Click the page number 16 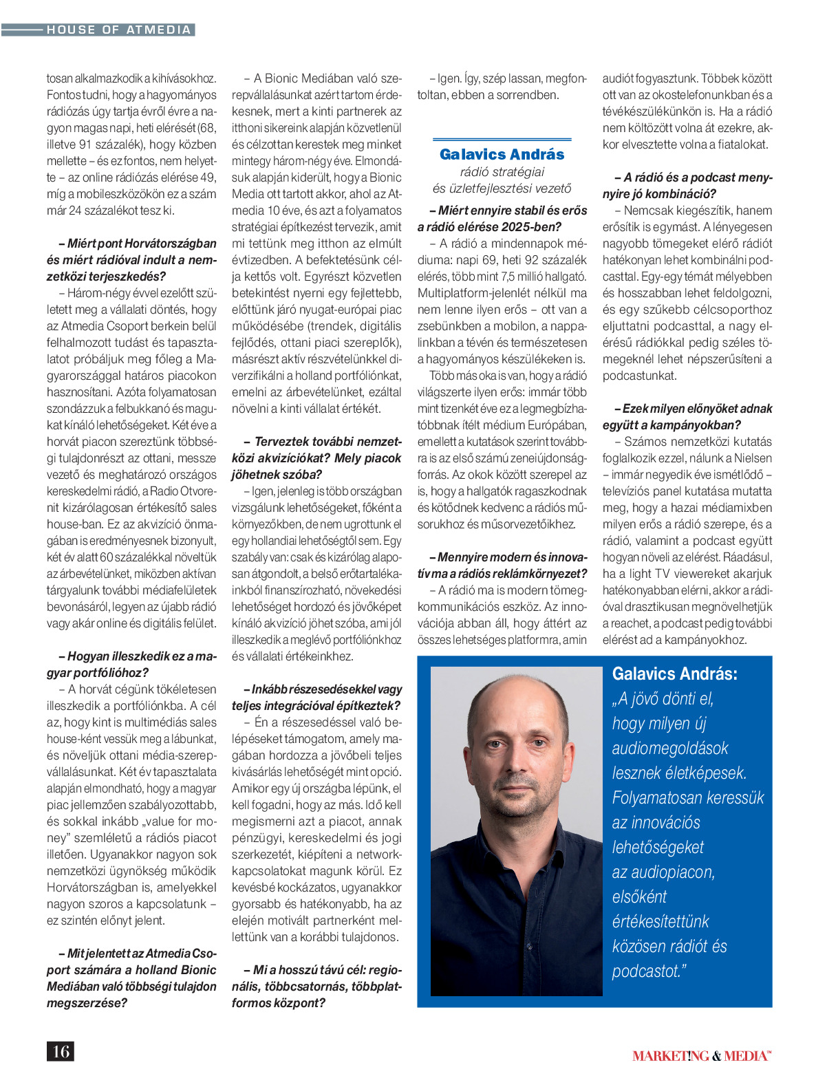pos(61,1051)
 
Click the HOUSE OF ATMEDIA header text pos(118,30)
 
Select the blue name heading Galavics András pos(502,154)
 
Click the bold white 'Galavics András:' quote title pos(674,674)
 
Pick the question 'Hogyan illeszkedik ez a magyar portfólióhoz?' pos(131,665)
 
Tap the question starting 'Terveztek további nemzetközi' pos(316,458)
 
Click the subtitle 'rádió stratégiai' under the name pos(502,172)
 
